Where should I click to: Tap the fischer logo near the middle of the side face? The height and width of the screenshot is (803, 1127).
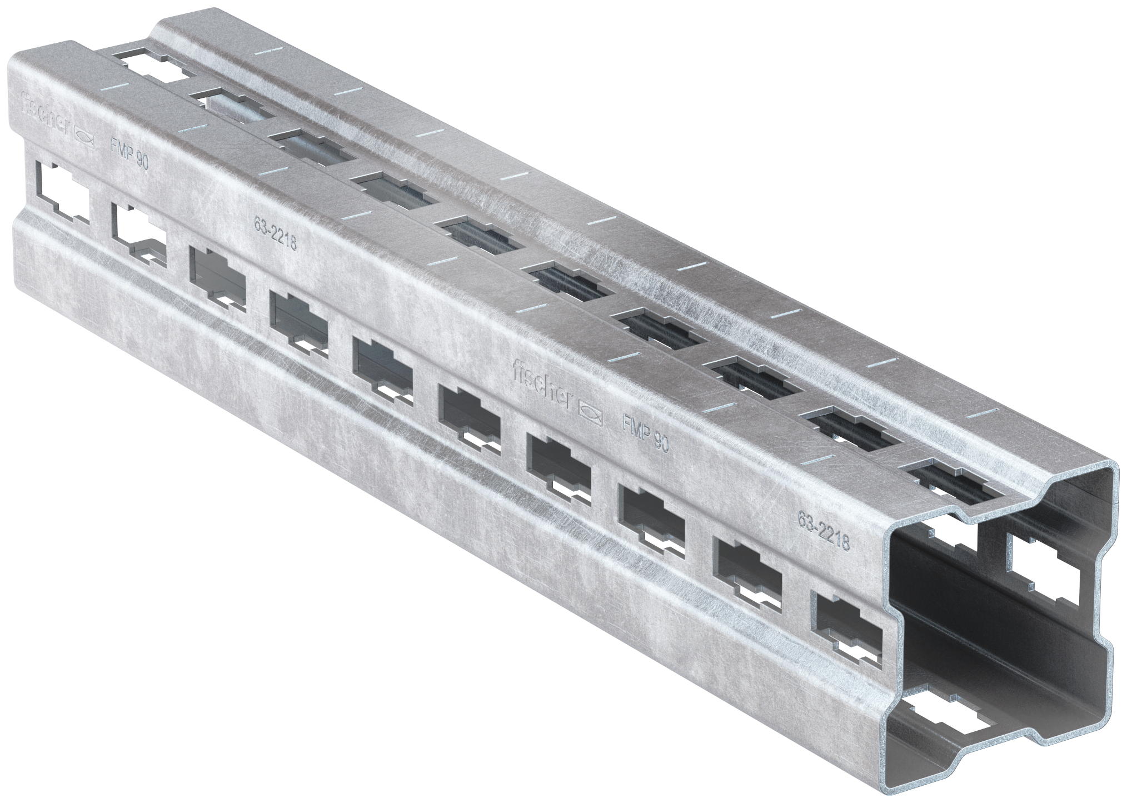(x=541, y=383)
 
